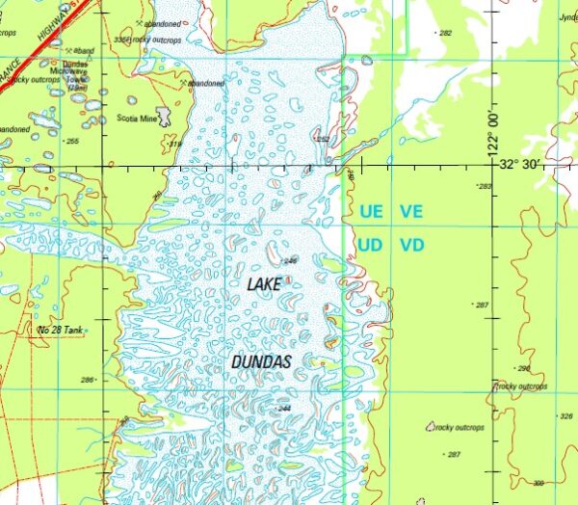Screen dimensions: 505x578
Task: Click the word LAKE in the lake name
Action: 264,285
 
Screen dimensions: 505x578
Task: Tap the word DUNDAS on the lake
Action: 261,361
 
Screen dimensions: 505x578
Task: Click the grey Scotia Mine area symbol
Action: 165,117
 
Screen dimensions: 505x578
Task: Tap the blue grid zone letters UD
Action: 371,245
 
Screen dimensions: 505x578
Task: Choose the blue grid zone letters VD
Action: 412,245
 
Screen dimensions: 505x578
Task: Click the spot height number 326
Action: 565,416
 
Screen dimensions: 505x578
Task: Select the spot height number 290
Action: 524,369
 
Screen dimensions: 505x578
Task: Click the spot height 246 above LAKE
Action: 291,260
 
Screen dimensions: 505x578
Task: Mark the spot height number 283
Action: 484,186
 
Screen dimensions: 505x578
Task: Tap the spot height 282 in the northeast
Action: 444,33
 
